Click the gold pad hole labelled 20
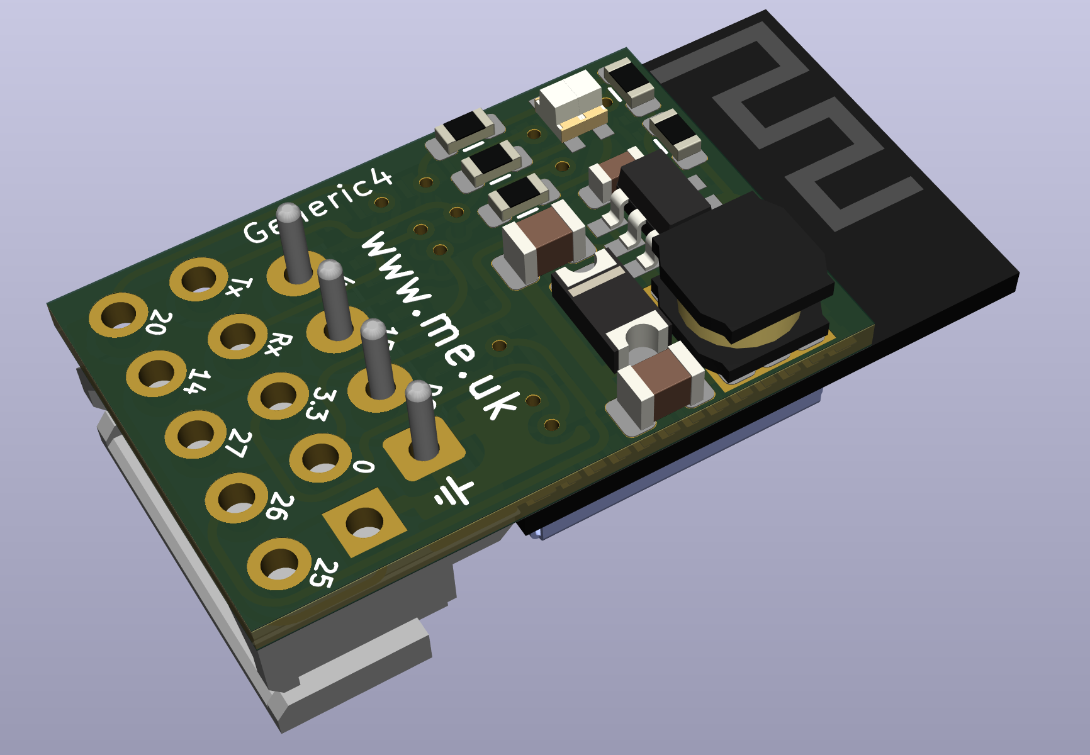click(x=118, y=315)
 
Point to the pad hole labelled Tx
click(x=199, y=279)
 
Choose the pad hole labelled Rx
click(x=238, y=336)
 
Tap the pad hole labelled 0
click(x=320, y=458)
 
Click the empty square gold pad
click(x=364, y=522)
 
